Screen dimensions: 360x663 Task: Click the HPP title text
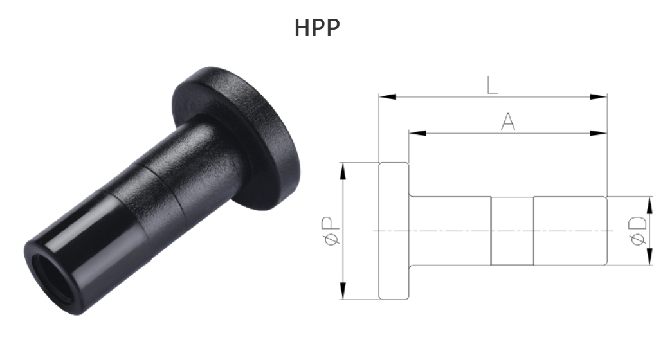[317, 28]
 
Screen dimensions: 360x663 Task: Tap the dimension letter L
[492, 85]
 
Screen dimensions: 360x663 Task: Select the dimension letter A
[508, 122]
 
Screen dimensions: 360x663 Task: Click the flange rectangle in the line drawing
[394, 231]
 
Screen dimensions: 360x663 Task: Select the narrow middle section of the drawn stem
[513, 231]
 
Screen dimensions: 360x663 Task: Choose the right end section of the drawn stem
[570, 231]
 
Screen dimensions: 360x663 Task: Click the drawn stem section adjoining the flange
[450, 231]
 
